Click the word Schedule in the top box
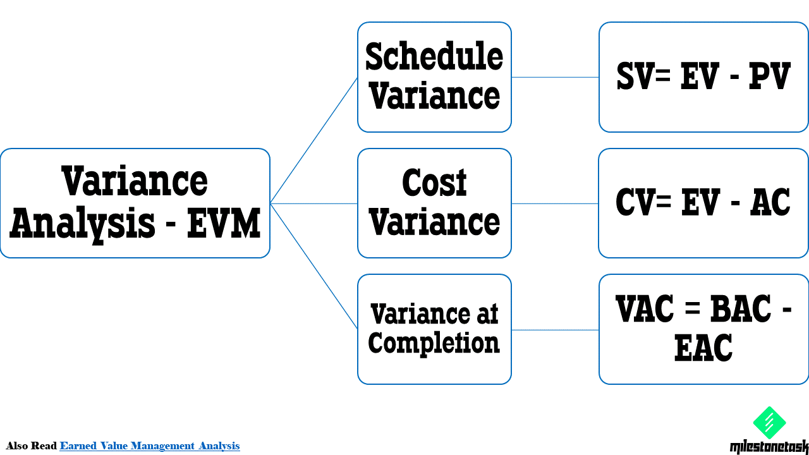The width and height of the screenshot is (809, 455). coord(434,57)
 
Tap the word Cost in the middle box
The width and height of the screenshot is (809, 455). coord(434,183)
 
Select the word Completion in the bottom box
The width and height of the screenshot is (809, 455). coord(434,343)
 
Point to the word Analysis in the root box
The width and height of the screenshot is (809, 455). coord(82,224)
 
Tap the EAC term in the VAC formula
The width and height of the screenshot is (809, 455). coord(703,348)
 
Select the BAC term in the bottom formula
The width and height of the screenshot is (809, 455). coord(741,310)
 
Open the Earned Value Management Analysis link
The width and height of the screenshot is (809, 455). coord(150,446)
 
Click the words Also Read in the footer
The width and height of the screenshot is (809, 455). coord(32,446)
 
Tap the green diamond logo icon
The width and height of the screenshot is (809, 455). coord(769,423)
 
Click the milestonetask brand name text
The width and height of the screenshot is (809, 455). coord(769,447)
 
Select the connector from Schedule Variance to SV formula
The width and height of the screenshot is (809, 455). coord(555,77)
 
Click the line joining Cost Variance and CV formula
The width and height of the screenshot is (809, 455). coord(555,203)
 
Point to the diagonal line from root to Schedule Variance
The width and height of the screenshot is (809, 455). coord(313,140)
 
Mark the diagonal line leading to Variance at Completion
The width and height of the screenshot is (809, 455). coord(313,266)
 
